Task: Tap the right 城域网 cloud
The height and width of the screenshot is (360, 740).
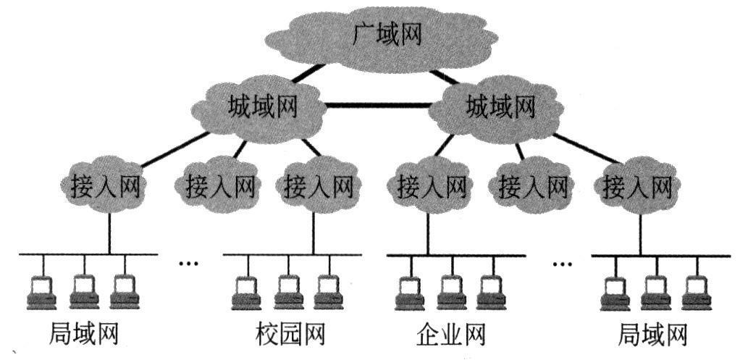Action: [x=500, y=109]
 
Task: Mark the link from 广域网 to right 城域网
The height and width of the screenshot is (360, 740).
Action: [x=445, y=75]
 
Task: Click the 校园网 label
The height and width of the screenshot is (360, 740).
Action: [x=290, y=335]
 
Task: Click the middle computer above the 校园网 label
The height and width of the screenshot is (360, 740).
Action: [x=289, y=290]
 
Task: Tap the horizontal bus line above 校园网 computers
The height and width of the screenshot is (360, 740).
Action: [x=290, y=254]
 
